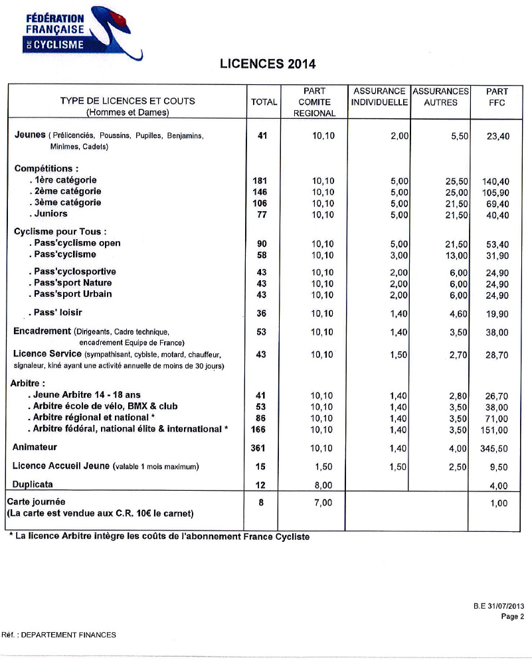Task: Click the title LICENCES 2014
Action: [x=267, y=64]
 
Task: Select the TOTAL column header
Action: [x=264, y=102]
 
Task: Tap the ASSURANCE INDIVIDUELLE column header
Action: [x=379, y=96]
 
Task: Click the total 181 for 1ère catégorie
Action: [x=261, y=181]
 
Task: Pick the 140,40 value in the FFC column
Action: [x=495, y=181]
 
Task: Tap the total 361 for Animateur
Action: [x=258, y=448]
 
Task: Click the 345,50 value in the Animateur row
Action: [x=493, y=449]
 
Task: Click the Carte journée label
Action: [x=37, y=502]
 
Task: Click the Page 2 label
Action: [x=513, y=616]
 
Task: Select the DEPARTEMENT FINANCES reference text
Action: [x=68, y=635]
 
